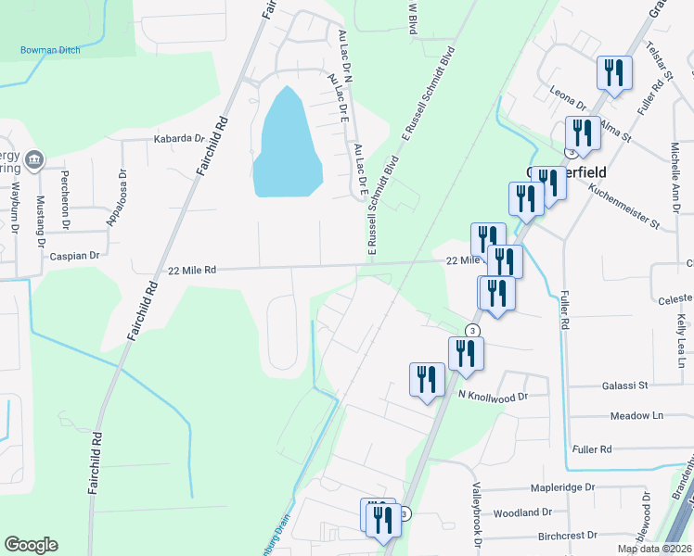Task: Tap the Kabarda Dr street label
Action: coord(179,139)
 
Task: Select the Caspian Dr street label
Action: coord(73,253)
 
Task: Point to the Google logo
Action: coord(31,545)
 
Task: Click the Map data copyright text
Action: coord(654,549)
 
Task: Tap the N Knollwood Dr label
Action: coord(492,395)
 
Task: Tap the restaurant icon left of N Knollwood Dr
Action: coord(427,379)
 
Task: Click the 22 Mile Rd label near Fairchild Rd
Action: coord(192,270)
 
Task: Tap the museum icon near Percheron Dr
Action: coord(35,159)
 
